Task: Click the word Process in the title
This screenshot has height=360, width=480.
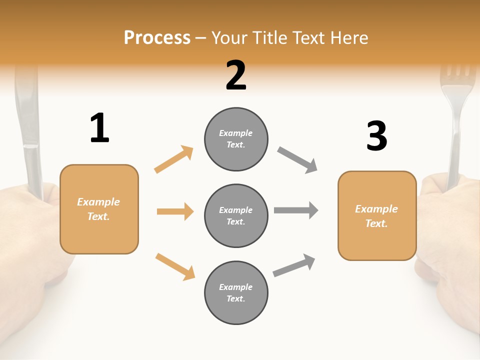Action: coord(157,37)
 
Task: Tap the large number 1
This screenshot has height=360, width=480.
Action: coord(99,128)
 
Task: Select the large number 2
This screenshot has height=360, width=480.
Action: coord(236,75)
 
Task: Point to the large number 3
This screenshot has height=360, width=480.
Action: coord(376,136)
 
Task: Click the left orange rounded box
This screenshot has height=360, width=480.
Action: coord(99,209)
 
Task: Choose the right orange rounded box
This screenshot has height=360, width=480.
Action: coord(377,215)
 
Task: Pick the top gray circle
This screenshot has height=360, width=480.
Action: coord(236,139)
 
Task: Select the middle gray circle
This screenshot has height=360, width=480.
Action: coord(236,215)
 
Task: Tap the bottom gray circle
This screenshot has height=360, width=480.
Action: coord(236,292)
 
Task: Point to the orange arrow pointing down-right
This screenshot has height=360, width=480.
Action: coord(175,266)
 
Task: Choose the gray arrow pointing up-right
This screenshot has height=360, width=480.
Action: coord(294,265)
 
